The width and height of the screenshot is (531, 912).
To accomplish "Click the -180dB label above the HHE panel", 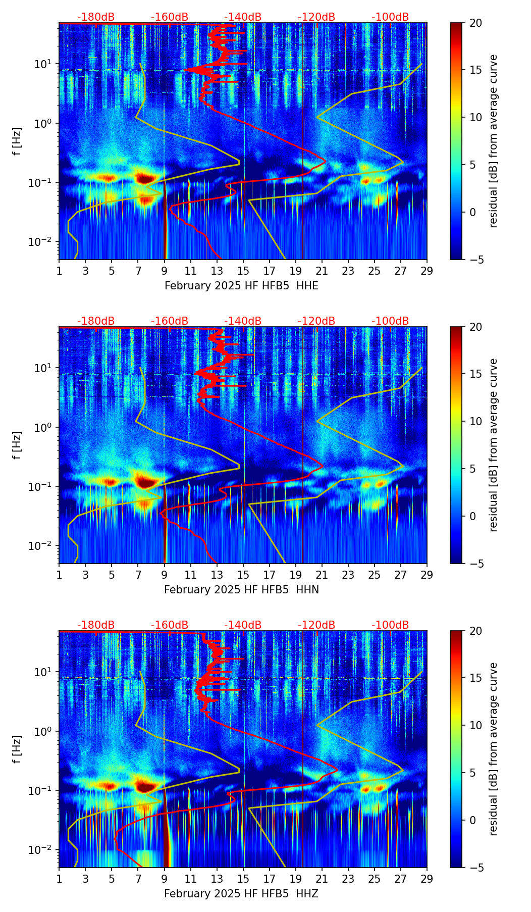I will (x=96, y=17).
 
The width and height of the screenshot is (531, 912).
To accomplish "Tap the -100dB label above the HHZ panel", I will (x=390, y=625).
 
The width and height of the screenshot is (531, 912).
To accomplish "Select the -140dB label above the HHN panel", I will (x=243, y=321).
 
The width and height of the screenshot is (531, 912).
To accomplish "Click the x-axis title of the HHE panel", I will (x=241, y=286).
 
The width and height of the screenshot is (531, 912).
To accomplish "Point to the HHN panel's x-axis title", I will (x=241, y=590).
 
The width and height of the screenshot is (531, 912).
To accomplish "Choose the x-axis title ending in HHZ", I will (x=241, y=894).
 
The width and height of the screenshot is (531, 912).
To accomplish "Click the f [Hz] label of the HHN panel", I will (x=17, y=445).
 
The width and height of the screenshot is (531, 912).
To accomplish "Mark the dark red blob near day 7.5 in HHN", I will (x=146, y=482).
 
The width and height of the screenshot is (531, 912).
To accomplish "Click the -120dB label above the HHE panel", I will (x=316, y=17).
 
